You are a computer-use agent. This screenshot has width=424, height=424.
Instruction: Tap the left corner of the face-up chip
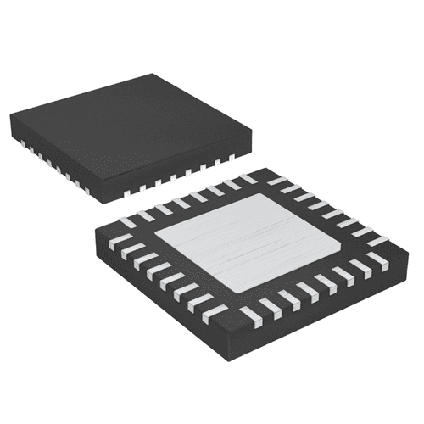11,119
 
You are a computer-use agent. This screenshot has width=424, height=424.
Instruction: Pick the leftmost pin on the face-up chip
20,142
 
